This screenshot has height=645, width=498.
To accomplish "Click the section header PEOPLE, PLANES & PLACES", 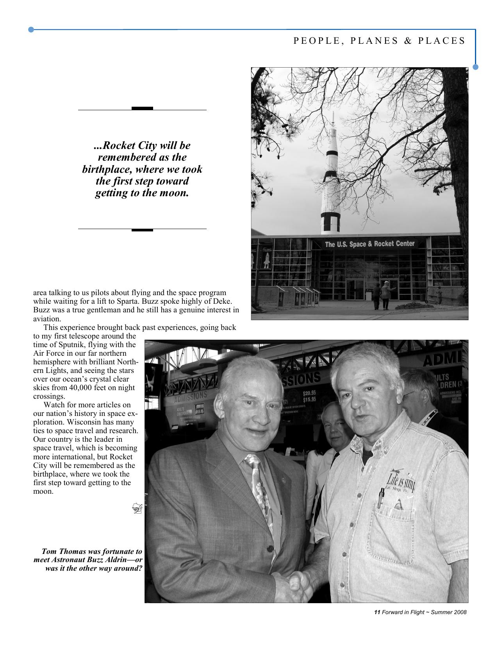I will coord(379,41).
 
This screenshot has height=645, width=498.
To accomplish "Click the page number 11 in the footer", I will coord(377,612).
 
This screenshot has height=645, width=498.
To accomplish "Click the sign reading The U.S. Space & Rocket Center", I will coord(369,244).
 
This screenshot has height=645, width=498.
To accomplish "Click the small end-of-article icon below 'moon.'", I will coord(137,508).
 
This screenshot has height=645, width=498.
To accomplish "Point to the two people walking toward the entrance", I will coord(381,296).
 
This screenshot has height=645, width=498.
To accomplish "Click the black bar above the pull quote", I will coord(142,108).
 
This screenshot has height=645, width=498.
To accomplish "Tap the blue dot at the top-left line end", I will coord(31,29).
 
